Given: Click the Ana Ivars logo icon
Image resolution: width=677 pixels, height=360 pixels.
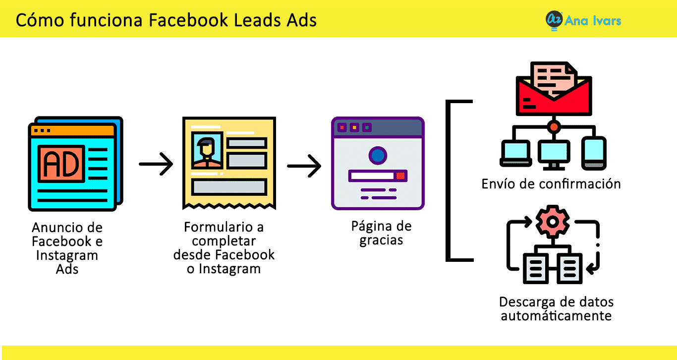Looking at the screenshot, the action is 554,20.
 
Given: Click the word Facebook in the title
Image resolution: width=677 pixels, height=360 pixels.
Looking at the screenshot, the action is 188,20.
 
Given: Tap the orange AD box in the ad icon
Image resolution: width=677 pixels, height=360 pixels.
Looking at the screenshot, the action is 61,164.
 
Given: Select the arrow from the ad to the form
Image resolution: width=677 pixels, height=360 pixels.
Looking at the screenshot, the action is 156,164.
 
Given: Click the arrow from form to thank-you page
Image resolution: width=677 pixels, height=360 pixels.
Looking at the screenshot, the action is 304,166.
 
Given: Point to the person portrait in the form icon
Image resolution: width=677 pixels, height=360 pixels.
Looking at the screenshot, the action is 207,151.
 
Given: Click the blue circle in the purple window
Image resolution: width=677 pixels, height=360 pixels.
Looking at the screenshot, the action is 378,155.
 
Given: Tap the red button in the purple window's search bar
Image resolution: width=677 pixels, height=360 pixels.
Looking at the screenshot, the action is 401,176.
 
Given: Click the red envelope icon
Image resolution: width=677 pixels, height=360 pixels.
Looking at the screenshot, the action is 554,89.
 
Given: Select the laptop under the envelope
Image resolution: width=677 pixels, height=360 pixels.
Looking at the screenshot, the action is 515,153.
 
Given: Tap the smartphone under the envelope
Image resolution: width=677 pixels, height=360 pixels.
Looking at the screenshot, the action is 594,153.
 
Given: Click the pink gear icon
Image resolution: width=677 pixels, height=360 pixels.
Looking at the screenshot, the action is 553,222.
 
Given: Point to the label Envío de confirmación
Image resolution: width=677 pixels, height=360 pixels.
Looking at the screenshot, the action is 551,184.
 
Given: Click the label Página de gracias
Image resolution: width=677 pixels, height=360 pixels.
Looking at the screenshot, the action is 381,233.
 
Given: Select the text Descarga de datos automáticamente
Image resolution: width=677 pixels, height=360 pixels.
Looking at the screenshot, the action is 556,308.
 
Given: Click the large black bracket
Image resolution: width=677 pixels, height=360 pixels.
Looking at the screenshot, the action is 448,180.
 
